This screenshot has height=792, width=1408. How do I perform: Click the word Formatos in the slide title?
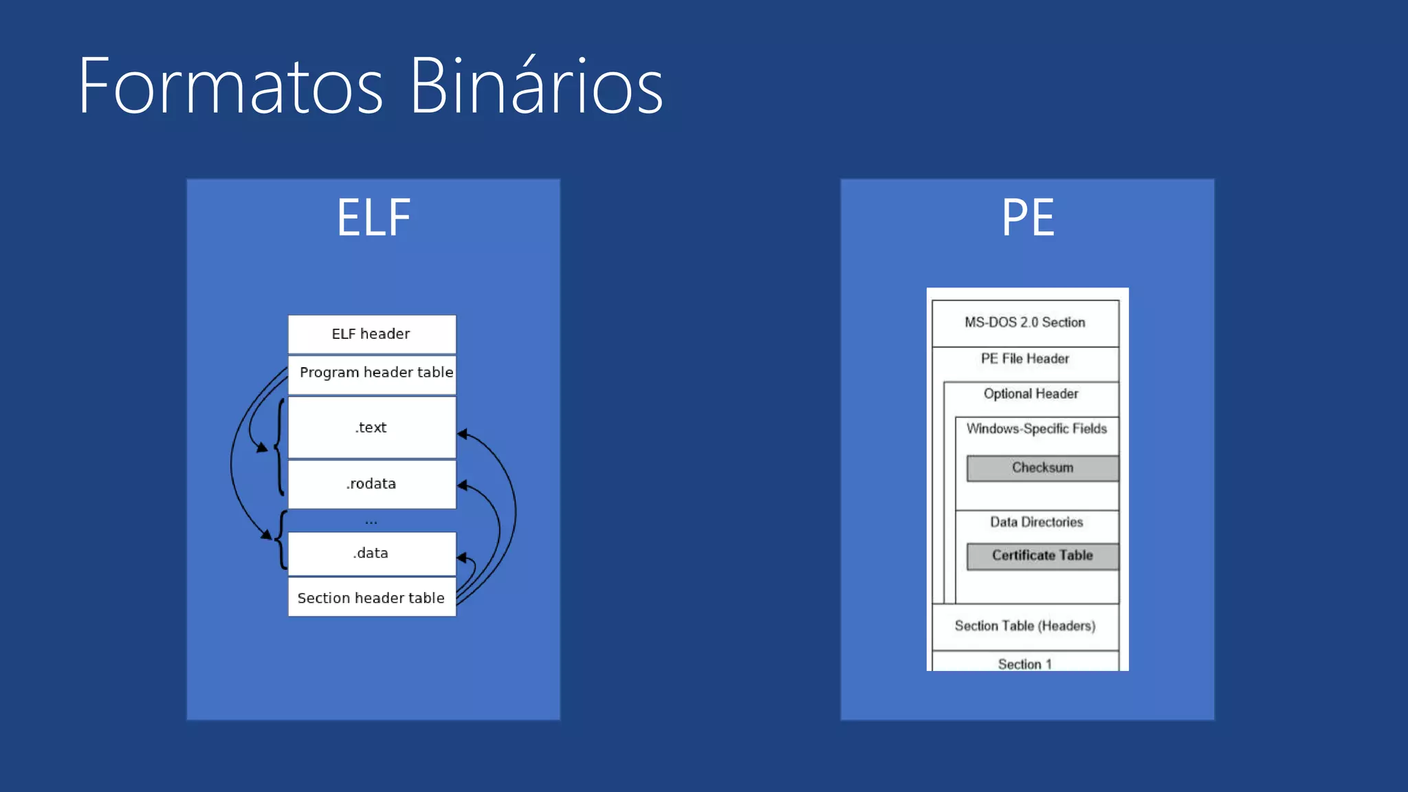[230, 87]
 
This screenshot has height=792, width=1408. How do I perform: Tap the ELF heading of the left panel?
[373, 218]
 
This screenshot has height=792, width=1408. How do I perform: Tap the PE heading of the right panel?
[1027, 218]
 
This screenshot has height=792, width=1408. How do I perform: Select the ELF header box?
[371, 334]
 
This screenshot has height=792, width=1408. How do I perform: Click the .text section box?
[371, 428]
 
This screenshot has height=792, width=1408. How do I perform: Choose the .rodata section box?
[371, 484]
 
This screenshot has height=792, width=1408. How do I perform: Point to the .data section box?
[371, 553]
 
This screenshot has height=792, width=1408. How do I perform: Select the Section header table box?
[371, 598]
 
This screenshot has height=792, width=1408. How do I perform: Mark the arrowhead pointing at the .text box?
[462, 434]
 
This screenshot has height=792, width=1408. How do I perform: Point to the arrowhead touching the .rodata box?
[462, 485]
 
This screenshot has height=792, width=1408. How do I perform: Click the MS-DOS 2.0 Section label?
[1024, 322]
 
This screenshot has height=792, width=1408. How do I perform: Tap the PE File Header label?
[1024, 359]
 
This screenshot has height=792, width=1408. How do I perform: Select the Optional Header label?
[1031, 394]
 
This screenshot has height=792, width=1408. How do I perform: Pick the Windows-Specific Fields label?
[1036, 429]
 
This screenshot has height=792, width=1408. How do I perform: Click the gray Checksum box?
[1042, 468]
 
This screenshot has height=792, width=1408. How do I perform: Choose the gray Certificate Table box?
[1042, 556]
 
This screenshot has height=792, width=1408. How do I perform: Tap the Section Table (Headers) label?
[1024, 626]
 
